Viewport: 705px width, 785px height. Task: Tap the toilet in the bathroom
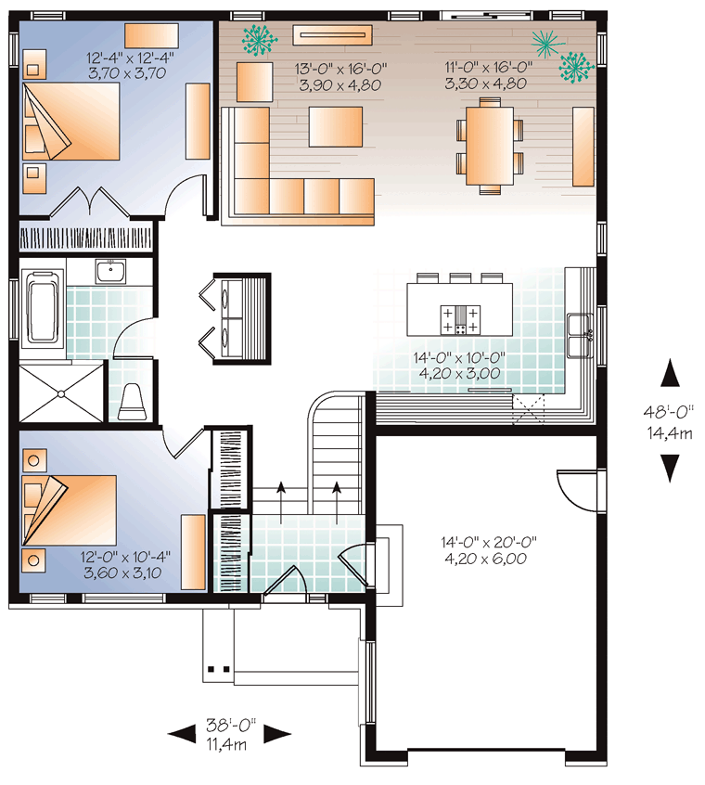(132, 402)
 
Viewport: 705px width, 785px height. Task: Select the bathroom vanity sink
(111, 271)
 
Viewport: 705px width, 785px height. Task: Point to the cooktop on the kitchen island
(460, 319)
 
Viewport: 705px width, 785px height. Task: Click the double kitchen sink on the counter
(580, 335)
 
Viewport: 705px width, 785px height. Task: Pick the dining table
(490, 146)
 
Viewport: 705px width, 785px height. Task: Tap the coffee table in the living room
(335, 127)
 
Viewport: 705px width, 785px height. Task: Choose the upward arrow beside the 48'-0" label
(670, 372)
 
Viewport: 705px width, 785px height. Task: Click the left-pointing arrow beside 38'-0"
(181, 735)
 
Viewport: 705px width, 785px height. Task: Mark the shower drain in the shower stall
(61, 394)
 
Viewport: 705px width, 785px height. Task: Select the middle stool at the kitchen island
(460, 277)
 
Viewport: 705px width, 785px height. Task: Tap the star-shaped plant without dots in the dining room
(547, 44)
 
